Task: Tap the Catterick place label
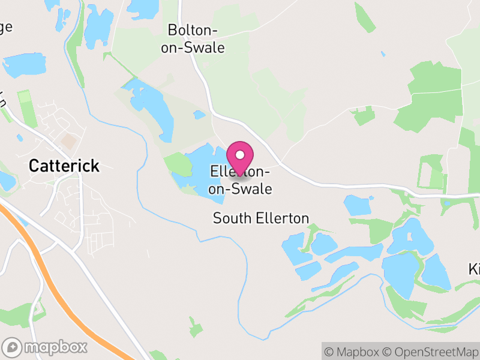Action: [64, 166]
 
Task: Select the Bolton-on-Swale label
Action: [193, 38]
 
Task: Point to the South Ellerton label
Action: [261, 218]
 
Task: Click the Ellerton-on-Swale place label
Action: [241, 181]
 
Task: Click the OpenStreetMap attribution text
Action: [430, 352]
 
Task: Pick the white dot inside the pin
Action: [241, 155]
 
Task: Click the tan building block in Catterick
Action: [70, 142]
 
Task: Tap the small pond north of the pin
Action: [199, 115]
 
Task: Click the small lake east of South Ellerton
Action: [358, 206]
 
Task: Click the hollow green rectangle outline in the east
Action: [433, 172]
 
